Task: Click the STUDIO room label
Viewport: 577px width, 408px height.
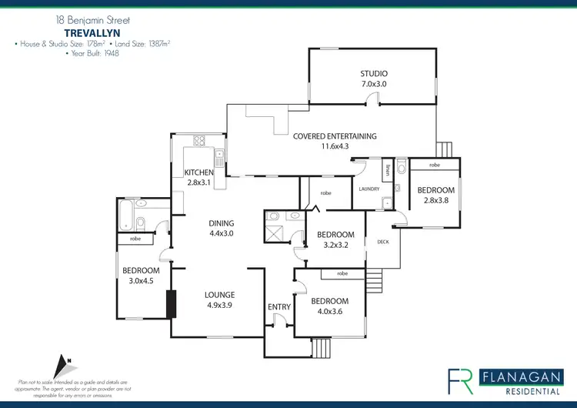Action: [x=375, y=73]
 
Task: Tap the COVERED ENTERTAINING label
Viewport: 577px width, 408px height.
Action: [x=335, y=136]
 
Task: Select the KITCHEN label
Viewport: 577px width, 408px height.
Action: [x=198, y=172]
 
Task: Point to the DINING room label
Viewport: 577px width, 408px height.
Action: [x=221, y=224]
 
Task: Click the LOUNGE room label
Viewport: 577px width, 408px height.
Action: [x=219, y=295]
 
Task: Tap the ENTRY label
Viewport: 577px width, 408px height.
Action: [x=279, y=307]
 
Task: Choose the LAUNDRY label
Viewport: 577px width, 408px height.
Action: [x=365, y=188]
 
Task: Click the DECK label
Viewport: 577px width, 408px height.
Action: [x=383, y=241]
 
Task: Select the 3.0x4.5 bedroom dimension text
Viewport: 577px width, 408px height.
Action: [x=141, y=281]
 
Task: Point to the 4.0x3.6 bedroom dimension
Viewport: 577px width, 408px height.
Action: [x=329, y=312]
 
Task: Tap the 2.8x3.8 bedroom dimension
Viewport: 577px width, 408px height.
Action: [x=435, y=200]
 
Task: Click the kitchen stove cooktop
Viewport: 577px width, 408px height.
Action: [x=202, y=141]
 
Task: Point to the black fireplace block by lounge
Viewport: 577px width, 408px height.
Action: [x=170, y=303]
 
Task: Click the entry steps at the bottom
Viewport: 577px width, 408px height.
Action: [x=321, y=347]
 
